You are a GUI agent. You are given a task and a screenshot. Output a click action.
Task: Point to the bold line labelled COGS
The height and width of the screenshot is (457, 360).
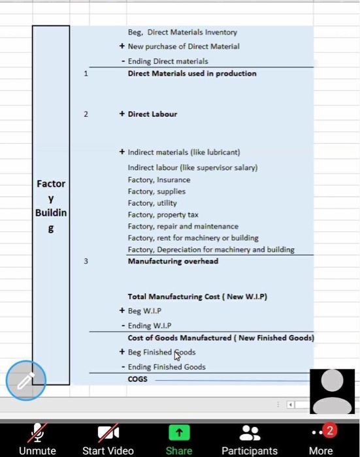138,379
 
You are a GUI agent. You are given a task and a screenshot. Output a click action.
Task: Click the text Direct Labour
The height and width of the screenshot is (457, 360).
152,114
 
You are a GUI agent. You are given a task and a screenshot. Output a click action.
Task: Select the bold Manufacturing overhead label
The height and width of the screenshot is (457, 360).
173,261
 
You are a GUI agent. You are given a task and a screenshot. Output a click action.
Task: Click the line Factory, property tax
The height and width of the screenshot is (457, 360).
163,215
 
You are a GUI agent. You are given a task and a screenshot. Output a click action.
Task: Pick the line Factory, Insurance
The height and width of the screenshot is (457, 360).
159,180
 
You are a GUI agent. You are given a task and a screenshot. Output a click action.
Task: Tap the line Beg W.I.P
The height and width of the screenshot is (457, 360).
144,311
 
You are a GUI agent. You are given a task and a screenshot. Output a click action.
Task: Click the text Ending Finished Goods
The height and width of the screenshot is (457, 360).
167,367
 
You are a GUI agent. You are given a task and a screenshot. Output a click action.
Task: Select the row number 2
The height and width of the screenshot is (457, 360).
84,114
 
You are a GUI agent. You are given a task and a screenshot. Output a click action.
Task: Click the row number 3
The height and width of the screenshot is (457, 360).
84,261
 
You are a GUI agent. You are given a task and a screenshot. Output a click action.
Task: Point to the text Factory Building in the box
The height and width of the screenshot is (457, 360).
51,206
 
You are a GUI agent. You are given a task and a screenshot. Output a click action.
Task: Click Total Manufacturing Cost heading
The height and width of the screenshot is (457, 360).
198,296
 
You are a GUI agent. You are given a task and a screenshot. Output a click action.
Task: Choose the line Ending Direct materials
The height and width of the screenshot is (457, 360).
168,61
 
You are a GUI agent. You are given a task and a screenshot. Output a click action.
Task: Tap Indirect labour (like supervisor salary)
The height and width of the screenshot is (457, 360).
193,167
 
